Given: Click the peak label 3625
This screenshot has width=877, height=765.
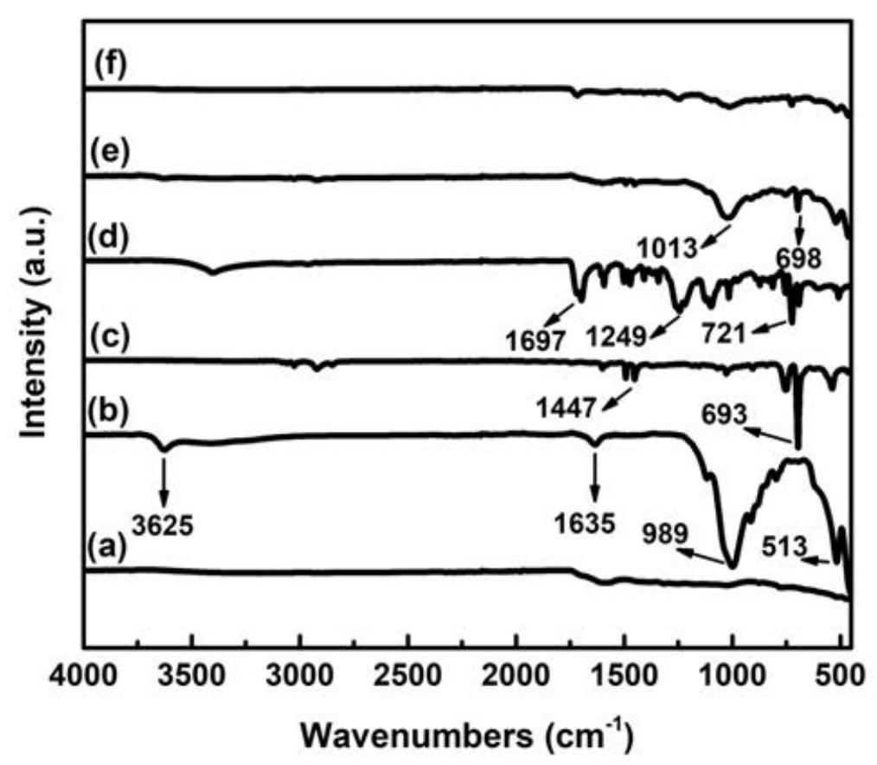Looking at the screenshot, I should pyautogui.click(x=163, y=524).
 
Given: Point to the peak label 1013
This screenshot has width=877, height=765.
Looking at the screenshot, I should pyautogui.click(x=669, y=250).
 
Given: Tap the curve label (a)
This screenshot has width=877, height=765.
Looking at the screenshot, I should pyautogui.click(x=108, y=546).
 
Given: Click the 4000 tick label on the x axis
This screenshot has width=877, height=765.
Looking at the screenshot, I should pyautogui.click(x=85, y=672).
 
